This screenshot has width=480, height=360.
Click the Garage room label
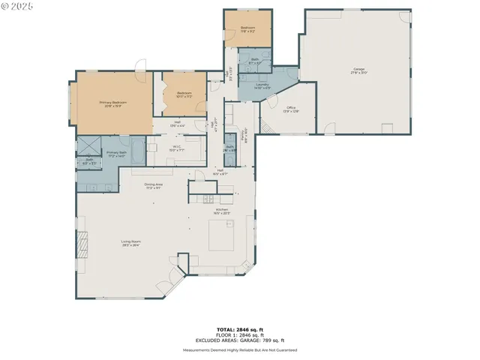pyautogui.click(x=358, y=71)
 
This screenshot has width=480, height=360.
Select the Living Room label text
pyautogui.click(x=132, y=242)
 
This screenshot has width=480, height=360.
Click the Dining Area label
pyautogui.click(x=153, y=186)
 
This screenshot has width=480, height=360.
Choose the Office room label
pyautogui.click(x=291, y=109)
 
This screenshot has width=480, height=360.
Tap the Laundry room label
pyautogui.click(x=262, y=85)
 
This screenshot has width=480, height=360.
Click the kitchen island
pyautogui.click(x=221, y=239)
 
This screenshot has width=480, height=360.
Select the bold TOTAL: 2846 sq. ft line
pyautogui.click(x=239, y=329)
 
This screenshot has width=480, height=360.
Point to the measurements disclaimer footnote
pyautogui.click(x=239, y=349)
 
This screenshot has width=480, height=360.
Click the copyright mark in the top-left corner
pyautogui.click(x=16, y=5)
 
